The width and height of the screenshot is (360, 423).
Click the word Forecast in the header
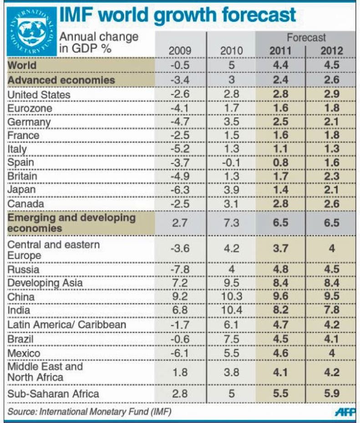click(x=306, y=38)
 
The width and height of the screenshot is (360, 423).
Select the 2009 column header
click(x=180, y=51)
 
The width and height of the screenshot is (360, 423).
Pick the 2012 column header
click(x=331, y=51)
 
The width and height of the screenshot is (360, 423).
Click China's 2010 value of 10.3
click(x=231, y=297)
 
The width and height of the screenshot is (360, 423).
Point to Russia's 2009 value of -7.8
click(x=180, y=269)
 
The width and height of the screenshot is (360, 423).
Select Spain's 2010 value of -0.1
click(x=231, y=163)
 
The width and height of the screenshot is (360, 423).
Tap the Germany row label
click(x=30, y=122)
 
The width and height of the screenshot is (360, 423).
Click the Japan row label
click(x=23, y=190)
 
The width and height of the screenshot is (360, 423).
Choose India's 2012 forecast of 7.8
click(x=331, y=311)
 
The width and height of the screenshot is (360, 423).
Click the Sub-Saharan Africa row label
click(x=53, y=393)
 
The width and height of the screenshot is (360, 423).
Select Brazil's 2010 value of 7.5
click(x=231, y=339)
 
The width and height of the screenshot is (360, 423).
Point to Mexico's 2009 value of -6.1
click(x=180, y=353)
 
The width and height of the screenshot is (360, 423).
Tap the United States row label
click(x=39, y=95)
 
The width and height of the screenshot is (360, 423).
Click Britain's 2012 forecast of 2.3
click(x=331, y=176)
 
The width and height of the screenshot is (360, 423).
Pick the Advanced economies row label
click(x=61, y=80)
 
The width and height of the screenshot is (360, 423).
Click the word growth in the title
click(x=183, y=15)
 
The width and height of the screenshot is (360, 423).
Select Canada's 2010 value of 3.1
click(x=231, y=204)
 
